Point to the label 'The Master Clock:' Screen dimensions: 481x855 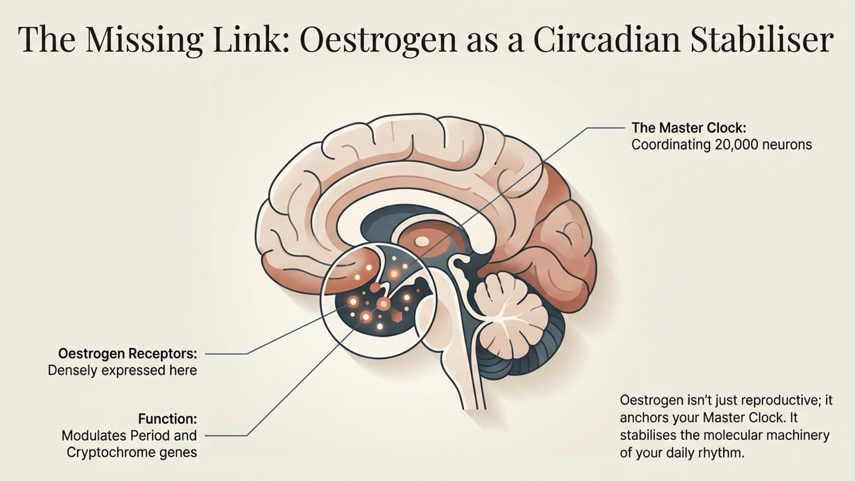688,128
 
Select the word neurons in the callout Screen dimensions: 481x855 790,145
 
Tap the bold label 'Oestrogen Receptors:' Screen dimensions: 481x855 127,354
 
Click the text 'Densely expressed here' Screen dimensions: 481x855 122,371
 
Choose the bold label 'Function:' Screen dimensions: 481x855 167,419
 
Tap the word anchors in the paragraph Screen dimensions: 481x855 643,418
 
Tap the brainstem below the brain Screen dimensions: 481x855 464,364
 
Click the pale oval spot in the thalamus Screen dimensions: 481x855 422,240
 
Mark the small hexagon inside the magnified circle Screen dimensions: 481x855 397,317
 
